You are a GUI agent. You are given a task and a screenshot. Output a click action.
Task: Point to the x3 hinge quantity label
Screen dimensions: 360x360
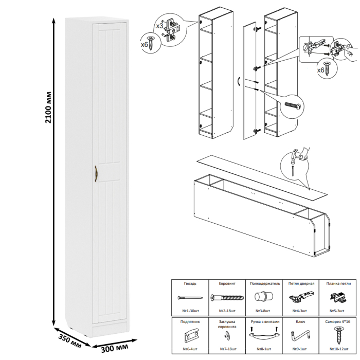[159, 24]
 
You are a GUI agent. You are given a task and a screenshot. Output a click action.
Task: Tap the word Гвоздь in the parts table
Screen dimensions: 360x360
[189, 284]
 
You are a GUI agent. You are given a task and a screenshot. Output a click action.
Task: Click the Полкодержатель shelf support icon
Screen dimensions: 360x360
[265, 298]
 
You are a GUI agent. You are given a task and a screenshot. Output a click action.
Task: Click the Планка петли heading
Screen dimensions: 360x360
[337, 284]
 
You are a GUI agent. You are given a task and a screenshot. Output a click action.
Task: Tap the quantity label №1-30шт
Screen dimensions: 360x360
[190, 311]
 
